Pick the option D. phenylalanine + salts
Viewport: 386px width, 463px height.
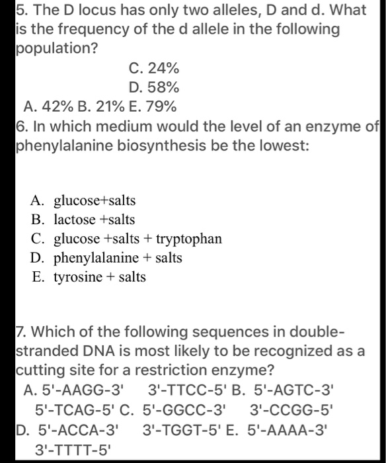tap(106, 257)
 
